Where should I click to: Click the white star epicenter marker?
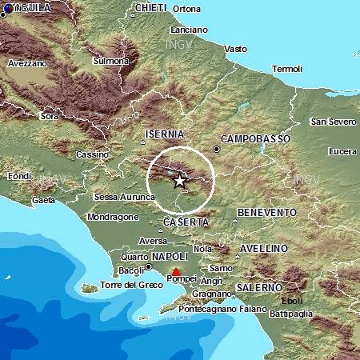coord(179,181)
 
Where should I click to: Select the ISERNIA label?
coord(165,134)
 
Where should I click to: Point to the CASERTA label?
coord(186,222)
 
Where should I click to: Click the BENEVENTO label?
coord(267,212)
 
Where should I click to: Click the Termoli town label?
coord(287,69)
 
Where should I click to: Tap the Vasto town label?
coord(236,48)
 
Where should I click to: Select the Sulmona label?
coord(111,60)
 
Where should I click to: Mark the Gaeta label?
coord(44,199)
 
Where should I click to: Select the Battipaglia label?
coord(319,313)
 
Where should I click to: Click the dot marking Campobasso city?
coord(217,149)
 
